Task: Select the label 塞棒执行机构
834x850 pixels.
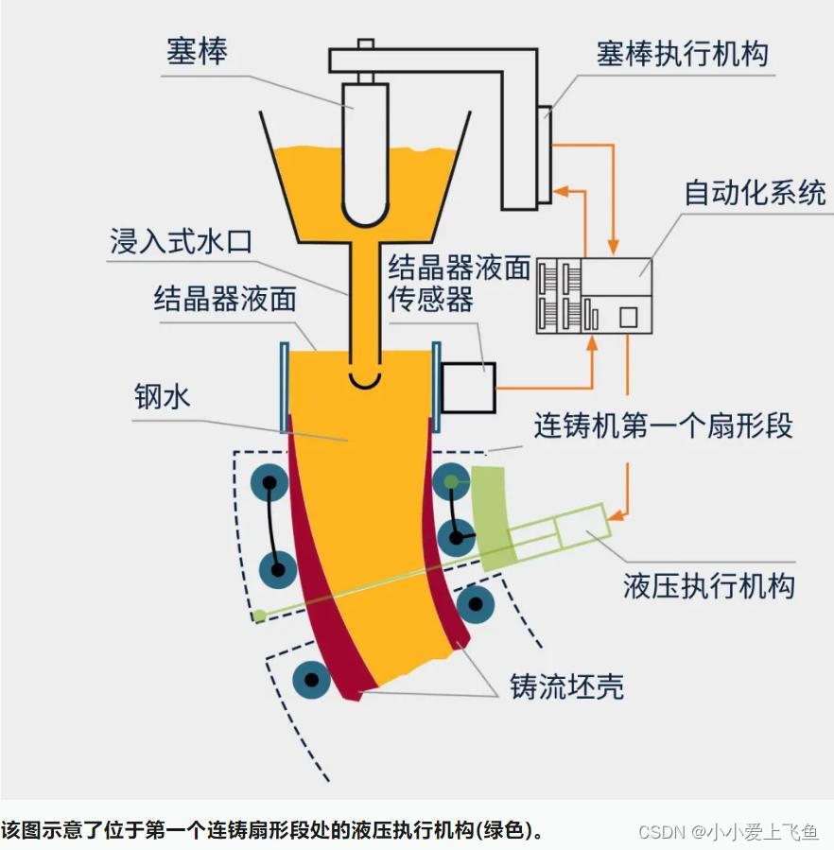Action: (x=682, y=53)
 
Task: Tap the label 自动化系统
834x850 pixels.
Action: (x=755, y=193)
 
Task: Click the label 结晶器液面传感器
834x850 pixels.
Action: (x=459, y=283)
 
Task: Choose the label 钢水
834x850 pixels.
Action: (x=162, y=395)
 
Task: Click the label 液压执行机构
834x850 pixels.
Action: (x=708, y=585)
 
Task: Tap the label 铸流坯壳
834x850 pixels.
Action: (x=566, y=685)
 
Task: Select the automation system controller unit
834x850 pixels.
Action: (x=595, y=294)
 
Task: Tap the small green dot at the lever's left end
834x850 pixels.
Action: (x=259, y=616)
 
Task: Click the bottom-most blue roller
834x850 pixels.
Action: (x=311, y=677)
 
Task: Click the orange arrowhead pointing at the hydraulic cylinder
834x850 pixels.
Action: (x=616, y=515)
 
